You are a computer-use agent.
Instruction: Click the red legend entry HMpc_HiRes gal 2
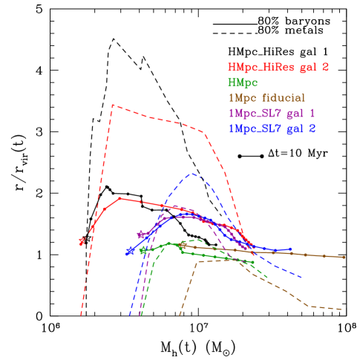278,68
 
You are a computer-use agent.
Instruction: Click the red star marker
82,241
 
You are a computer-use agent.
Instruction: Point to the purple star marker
141,235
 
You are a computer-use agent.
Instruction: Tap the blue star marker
129,252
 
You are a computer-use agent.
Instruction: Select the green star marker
143,250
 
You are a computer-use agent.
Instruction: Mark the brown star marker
183,245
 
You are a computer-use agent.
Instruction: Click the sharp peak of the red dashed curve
112,105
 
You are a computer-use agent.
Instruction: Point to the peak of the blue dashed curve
192,174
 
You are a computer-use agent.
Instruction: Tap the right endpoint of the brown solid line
344,257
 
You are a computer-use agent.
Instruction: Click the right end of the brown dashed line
341,309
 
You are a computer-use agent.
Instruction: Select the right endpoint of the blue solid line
291,249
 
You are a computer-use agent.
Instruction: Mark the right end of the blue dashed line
301,278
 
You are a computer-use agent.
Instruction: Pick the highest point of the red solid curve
120,198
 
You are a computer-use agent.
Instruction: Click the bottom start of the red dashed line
81,315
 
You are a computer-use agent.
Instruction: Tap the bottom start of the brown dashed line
180,315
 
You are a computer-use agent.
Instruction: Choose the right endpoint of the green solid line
254,262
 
